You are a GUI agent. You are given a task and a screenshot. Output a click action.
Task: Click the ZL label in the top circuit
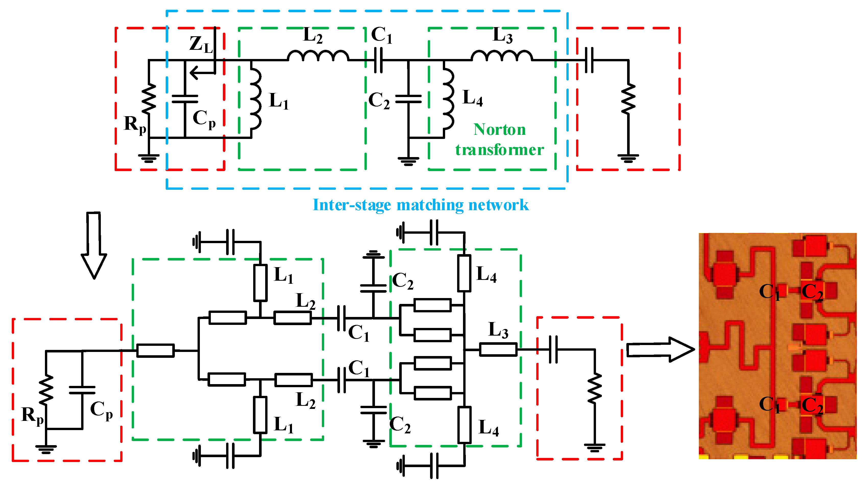[201, 44]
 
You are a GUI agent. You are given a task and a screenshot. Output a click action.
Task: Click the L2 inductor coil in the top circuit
[318, 56]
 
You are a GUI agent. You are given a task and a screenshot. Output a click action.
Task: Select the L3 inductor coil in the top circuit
[502, 56]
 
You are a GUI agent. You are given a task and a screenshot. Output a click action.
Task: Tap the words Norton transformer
[499, 139]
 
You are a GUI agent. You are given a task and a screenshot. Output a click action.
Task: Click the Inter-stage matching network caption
[420, 205]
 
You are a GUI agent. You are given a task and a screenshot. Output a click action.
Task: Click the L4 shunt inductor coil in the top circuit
[449, 99]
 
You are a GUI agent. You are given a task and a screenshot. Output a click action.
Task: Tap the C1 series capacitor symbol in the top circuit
[378, 60]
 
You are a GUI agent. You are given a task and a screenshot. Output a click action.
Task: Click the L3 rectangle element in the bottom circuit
[498, 350]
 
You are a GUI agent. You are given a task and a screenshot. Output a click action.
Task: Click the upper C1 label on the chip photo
[769, 292]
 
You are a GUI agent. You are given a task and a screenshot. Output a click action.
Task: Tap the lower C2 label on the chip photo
[812, 405]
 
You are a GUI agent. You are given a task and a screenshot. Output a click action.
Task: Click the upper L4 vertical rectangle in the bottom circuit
[464, 273]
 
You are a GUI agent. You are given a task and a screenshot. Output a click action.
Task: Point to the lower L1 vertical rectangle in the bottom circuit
[260, 415]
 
